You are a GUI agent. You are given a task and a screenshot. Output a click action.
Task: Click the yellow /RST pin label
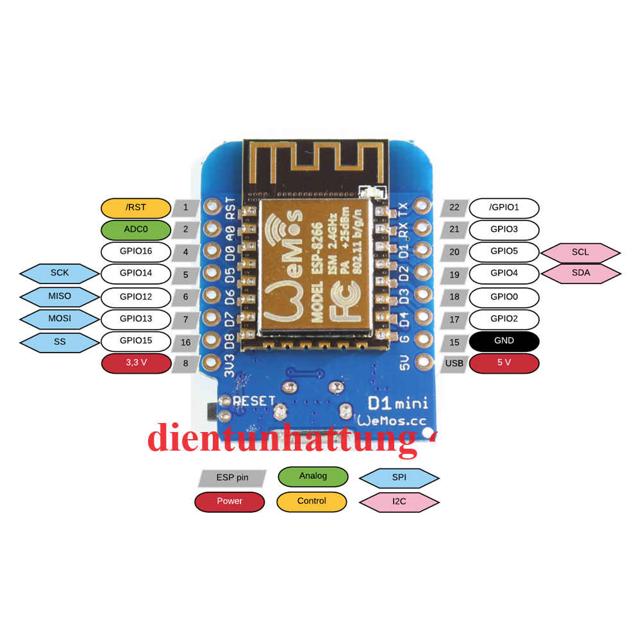coord(136,208)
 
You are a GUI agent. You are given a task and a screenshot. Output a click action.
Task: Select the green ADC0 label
coord(136,229)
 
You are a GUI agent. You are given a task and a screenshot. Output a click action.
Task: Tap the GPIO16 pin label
coord(136,251)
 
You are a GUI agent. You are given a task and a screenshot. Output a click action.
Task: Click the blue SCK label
coord(60,273)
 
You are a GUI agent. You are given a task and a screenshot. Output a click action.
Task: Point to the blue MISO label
coord(60,297)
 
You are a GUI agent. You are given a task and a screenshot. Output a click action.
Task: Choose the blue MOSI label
coord(60,319)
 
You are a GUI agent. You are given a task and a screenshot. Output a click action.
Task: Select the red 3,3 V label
coord(136,363)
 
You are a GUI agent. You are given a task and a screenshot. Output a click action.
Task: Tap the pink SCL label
coord(580,253)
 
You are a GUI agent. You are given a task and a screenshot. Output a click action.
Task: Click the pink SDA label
coord(580,274)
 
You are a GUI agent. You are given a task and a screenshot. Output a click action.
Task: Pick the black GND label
coord(504,341)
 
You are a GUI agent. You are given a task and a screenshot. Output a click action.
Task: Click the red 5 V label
coord(504,363)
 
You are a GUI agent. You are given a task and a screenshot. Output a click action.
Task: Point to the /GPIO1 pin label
coord(504,208)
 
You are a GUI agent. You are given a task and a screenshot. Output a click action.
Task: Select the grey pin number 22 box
coord(454,208)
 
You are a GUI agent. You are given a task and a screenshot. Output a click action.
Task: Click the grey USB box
coord(454,363)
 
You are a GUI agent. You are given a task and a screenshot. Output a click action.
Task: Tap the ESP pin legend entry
coord(232,478)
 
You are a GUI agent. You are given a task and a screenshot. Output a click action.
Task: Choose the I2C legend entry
coord(399,502)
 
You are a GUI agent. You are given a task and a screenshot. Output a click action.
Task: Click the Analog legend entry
coord(313,476)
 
